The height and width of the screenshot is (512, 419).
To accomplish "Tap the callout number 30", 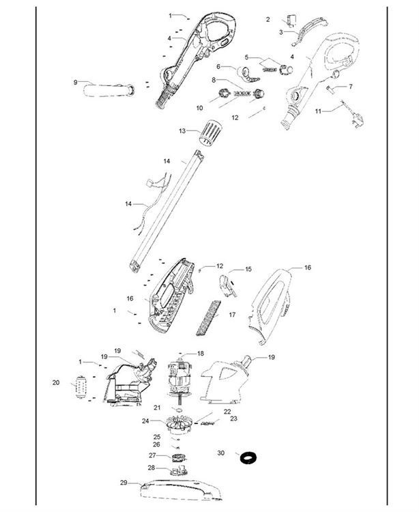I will [x=220, y=453].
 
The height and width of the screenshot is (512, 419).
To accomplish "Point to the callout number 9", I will [x=75, y=83].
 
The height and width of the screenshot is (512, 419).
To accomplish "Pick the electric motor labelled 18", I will [x=180, y=378].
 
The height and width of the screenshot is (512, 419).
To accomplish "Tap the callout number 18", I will [x=201, y=354].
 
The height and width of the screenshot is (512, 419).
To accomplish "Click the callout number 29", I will [x=124, y=483].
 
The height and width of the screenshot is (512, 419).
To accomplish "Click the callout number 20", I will [x=55, y=383].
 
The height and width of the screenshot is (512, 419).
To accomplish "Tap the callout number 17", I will [x=232, y=315].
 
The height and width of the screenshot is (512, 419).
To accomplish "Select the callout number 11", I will [x=318, y=110].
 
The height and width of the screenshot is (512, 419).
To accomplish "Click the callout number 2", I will [x=268, y=19].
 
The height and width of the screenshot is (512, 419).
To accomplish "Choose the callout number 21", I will [x=156, y=408].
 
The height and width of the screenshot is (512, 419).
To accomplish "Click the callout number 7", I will [x=351, y=87].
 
